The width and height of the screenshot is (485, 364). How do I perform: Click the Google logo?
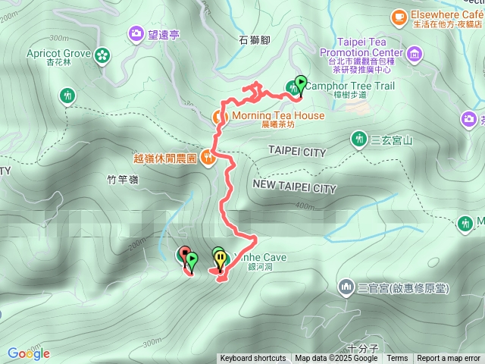tap(29, 353)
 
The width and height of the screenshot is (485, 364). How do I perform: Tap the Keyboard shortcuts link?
tap(253, 359)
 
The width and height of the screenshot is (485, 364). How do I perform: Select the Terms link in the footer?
tap(397, 359)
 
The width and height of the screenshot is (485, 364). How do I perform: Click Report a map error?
tap(449, 359)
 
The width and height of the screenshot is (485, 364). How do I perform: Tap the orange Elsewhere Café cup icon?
tap(399, 16)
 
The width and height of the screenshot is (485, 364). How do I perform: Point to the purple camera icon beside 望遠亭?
tap(136, 33)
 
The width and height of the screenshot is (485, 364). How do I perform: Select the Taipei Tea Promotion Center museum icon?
tap(415, 54)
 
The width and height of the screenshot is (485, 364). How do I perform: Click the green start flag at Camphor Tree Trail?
tap(301, 83)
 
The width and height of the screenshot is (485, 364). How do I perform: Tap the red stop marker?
tap(183, 254)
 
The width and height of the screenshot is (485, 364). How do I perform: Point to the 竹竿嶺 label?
tap(124, 180)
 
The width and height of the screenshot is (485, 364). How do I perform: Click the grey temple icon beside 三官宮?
tap(346, 287)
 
